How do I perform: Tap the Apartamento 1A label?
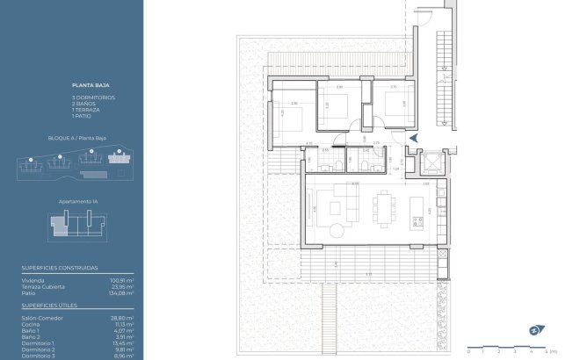tap(77, 201)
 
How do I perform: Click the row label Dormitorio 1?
tap(38, 342)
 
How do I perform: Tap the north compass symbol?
tap(534, 330)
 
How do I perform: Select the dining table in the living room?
tap(383, 208)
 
